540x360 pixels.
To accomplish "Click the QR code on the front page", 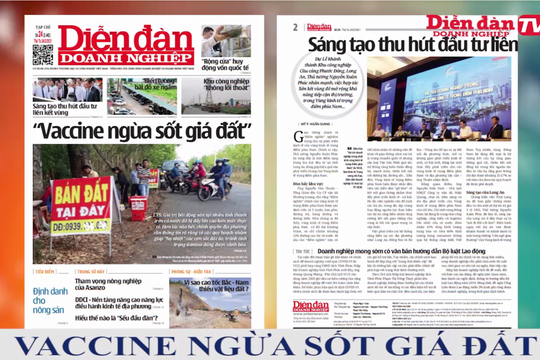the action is [42, 54].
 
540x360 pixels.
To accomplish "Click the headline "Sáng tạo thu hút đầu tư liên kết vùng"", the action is [64, 110].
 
